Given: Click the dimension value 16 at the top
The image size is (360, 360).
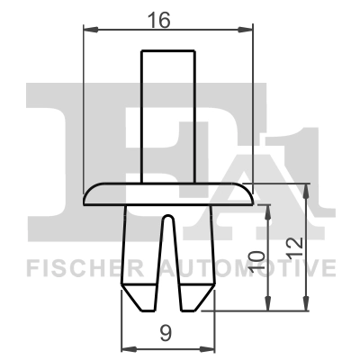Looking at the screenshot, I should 166,17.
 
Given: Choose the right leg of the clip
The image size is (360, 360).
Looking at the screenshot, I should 194,261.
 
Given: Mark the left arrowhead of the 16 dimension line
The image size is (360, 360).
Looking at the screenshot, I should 87,31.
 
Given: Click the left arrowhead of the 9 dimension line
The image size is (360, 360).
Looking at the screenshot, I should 125,349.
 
